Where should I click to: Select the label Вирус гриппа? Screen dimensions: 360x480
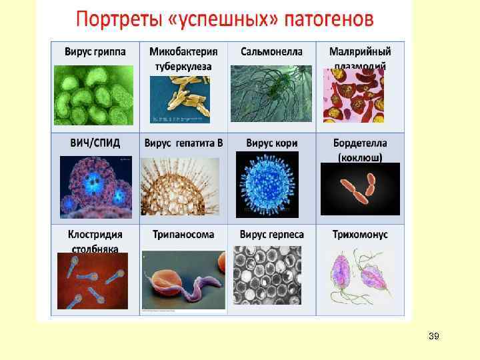point(95,51)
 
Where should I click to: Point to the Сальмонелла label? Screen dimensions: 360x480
point(271,51)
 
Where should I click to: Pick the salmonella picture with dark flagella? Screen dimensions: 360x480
point(271,93)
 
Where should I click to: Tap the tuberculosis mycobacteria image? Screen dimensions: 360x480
point(180,99)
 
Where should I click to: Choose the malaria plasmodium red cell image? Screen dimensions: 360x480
point(353,95)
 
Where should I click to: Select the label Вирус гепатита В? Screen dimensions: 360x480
point(183,143)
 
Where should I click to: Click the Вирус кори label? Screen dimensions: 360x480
point(272,143)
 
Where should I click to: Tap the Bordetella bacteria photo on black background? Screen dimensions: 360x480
point(361,189)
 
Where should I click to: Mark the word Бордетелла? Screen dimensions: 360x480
point(360,143)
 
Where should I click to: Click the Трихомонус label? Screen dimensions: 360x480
point(360,235)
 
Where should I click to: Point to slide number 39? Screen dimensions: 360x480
point(433,336)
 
